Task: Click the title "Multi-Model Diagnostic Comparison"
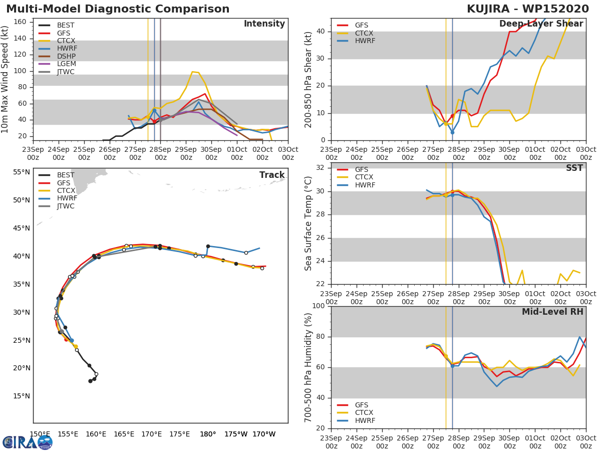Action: [x=118, y=9]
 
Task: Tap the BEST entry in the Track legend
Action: [x=66, y=175]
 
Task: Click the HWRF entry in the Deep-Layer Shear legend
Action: [x=365, y=41]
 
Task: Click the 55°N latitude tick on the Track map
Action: [x=21, y=172]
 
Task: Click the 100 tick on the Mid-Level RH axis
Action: [x=319, y=306]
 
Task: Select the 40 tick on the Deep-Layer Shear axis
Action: [x=321, y=32]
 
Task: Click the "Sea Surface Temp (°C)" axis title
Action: [x=309, y=223]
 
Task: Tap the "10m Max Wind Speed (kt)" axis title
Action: [x=6, y=80]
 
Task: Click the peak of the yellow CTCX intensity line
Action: [x=192, y=72]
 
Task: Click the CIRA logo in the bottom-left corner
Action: [x=27, y=442]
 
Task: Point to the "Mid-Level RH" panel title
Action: [x=552, y=312]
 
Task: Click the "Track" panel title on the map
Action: [x=272, y=175]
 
